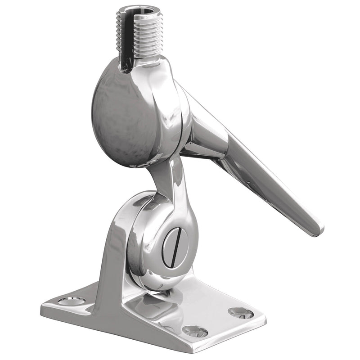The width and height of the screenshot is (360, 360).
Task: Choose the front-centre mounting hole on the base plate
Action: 194,331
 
